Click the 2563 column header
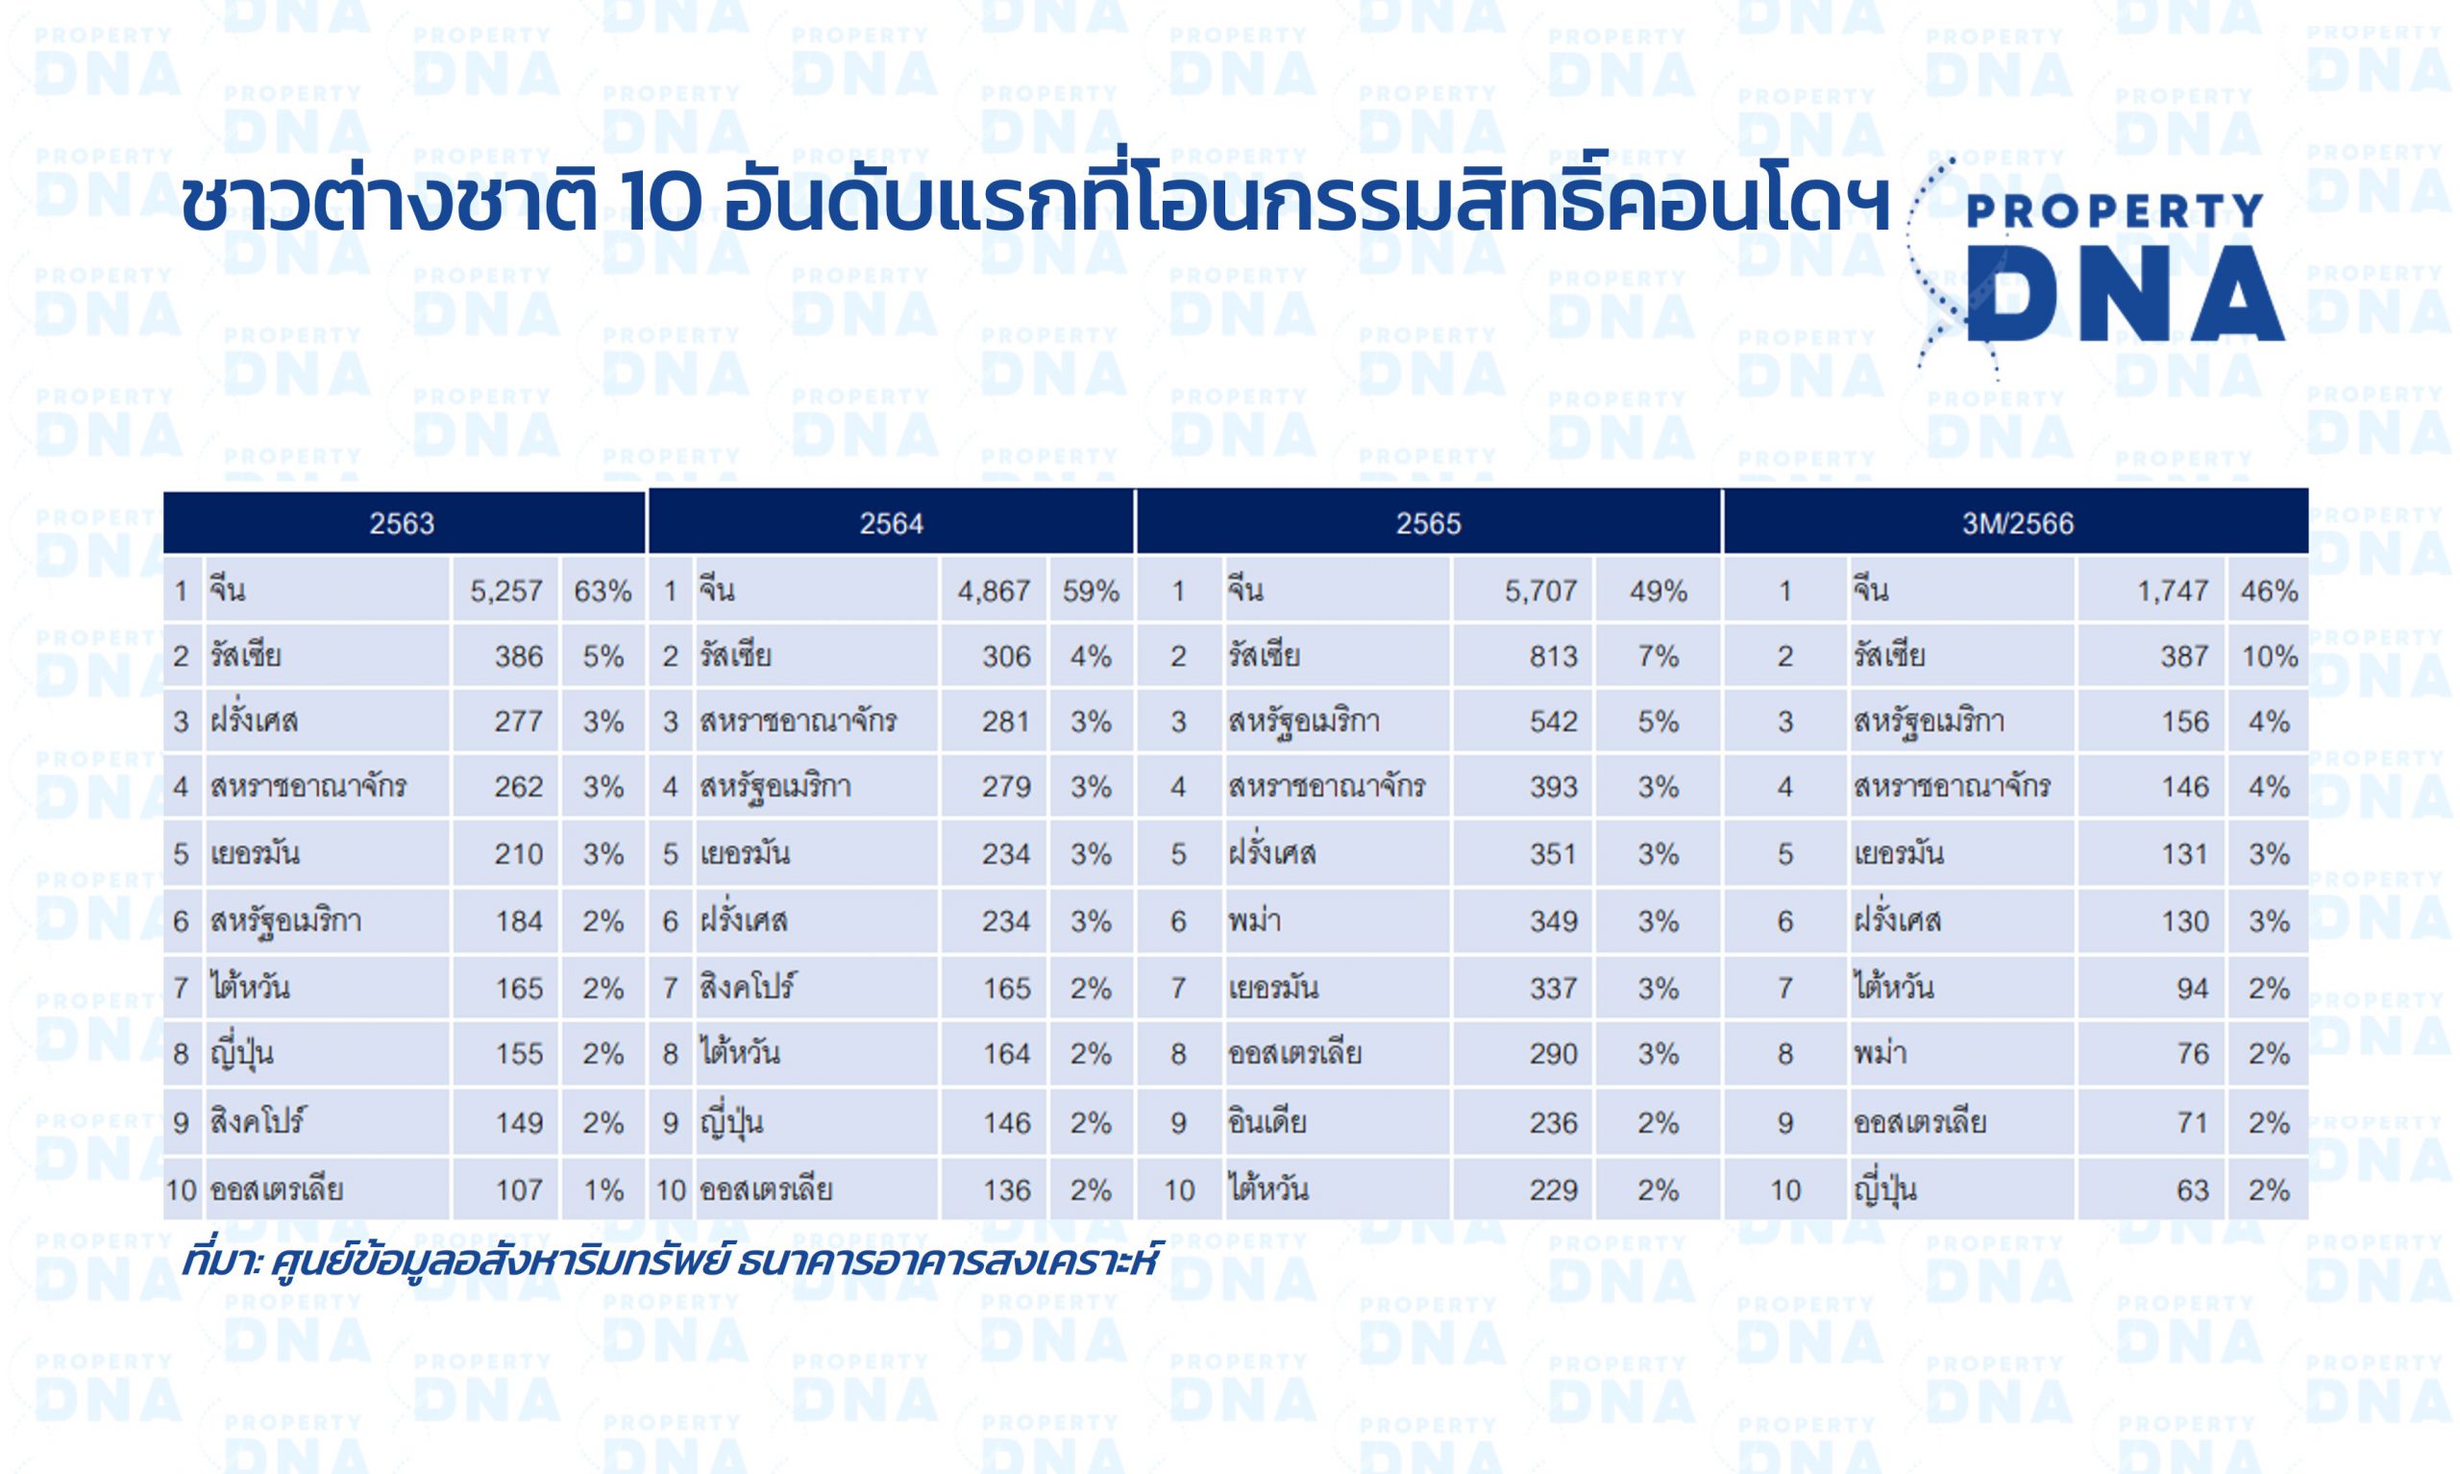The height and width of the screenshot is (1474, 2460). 402,524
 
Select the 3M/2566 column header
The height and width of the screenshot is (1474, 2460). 2017,524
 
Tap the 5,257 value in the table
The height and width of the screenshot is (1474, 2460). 506,591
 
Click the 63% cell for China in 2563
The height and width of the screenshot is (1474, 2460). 603,591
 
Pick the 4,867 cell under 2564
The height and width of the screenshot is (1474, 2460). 995,591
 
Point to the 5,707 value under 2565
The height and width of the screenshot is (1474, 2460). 1540,591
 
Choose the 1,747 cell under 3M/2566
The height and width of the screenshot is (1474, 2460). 2172,591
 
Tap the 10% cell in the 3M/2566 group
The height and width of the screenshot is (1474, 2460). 2270,656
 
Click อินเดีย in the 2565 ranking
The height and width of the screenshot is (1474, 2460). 1267,1122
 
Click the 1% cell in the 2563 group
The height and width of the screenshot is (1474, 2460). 603,1190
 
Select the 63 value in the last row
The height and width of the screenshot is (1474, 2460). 2192,1190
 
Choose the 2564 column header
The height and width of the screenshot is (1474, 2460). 891,524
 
